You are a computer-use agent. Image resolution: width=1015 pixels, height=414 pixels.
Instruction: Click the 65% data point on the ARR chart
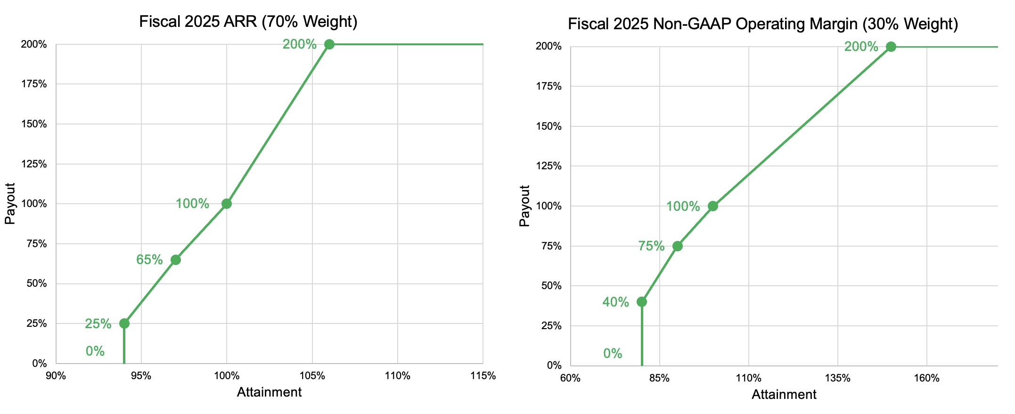[175, 260]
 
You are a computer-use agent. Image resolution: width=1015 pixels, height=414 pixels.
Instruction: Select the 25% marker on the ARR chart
[124, 323]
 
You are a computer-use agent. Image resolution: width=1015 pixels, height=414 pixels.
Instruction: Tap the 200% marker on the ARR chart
[329, 44]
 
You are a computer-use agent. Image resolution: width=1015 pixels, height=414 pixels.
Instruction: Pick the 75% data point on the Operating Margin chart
[677, 246]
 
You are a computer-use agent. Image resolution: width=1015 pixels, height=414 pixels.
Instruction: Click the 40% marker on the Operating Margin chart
[641, 302]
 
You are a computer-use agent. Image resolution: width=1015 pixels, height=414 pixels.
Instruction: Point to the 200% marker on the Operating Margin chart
[891, 47]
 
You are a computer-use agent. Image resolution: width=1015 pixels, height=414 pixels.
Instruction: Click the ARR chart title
[248, 22]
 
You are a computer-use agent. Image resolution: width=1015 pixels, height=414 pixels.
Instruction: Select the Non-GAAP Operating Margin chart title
[762, 24]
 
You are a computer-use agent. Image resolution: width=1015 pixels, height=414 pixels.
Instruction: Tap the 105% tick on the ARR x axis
[312, 376]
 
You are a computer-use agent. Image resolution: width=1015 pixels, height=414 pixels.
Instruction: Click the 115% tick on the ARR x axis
[483, 376]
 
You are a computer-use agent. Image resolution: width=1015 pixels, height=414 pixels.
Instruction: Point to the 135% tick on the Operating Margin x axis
[837, 378]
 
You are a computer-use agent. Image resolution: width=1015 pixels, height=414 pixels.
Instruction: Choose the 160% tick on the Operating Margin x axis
[926, 378]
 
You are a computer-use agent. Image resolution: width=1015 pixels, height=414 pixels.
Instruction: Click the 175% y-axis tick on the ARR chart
[34, 84]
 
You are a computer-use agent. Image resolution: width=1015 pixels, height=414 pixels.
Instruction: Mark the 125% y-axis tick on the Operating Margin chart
[548, 166]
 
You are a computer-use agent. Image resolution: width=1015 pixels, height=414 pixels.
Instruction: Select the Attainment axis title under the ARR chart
[269, 392]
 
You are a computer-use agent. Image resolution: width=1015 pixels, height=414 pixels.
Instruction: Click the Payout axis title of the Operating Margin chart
[524, 206]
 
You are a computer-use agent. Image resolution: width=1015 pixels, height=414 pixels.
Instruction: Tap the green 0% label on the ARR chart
[95, 351]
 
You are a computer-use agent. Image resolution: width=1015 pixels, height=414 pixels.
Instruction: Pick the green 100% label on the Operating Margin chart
[682, 207]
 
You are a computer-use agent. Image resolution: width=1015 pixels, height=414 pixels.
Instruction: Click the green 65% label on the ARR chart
[149, 260]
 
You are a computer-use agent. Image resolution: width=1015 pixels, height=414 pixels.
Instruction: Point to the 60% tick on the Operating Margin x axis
[570, 378]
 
